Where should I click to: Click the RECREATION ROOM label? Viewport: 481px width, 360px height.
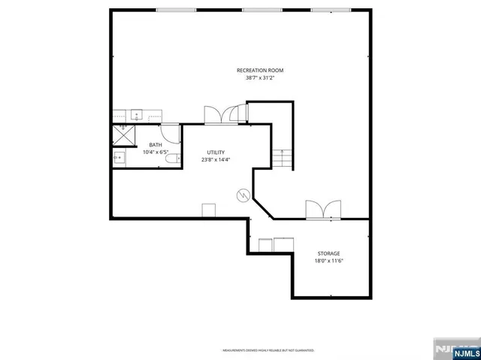tap(259, 70)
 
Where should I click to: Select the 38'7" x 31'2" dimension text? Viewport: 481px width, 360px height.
tap(259, 77)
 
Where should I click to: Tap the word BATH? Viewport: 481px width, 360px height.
tap(156, 145)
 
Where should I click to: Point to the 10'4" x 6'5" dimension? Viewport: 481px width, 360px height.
tap(156, 153)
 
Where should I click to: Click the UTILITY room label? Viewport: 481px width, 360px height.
tap(216, 152)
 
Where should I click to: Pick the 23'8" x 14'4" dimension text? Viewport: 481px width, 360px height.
tap(216, 159)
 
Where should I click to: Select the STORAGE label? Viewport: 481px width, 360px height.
tap(328, 254)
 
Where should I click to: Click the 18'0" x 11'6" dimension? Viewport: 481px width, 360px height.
tap(328, 262)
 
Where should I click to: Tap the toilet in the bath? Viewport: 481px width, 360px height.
tap(172, 158)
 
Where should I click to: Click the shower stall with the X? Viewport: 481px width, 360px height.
tap(122, 136)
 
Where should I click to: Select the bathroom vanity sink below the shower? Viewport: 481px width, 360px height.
tap(119, 158)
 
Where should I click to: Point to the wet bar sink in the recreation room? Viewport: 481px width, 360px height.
tap(138, 116)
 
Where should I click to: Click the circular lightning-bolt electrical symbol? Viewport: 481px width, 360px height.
tap(243, 195)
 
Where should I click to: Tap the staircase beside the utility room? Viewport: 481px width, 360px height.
tap(282, 159)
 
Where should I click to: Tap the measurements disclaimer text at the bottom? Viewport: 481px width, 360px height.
tap(267, 350)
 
